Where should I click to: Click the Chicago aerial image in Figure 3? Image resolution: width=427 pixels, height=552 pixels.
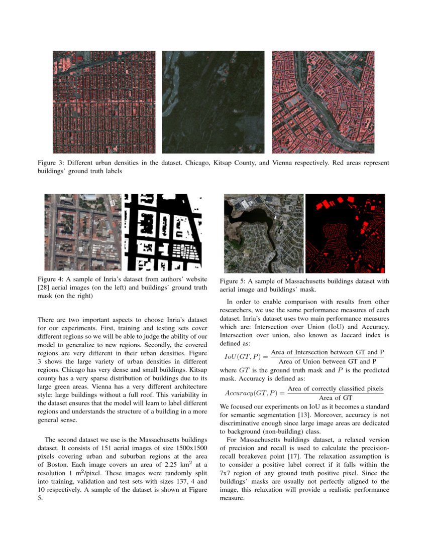tap(104, 102)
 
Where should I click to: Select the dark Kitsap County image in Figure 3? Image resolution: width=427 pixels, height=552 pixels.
tap(213, 102)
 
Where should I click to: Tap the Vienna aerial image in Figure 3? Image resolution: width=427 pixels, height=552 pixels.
tap(323, 102)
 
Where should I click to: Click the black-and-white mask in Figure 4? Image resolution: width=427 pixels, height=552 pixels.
tap(163, 232)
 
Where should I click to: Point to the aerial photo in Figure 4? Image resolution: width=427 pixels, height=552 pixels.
tap(83, 232)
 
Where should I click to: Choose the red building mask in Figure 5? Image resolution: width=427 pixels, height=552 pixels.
tap(345, 233)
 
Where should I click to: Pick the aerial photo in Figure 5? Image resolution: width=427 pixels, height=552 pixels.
tap(264, 233)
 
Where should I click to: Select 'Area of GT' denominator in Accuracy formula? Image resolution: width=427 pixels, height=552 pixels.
tap(336, 397)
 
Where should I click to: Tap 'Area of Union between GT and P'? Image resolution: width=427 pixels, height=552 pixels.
tap(327, 361)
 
